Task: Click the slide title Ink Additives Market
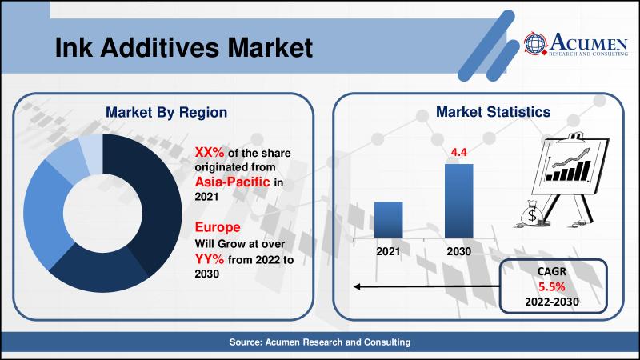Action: coord(184,47)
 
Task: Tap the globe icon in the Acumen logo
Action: coord(535,43)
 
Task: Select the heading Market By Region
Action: coord(166,113)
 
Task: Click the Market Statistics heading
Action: coord(493,112)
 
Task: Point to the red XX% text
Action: coord(210,152)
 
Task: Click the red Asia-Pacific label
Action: coord(232,182)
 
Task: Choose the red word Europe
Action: coord(218,227)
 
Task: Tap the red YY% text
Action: coord(210,258)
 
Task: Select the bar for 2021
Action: coord(388,219)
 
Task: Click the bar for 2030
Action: coord(458,201)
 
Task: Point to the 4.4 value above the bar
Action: coord(458,152)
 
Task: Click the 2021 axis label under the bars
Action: coord(388,251)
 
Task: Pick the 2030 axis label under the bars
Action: coord(458,251)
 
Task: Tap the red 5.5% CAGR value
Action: coord(551,286)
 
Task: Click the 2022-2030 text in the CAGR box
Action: coord(552,302)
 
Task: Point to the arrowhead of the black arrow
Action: coord(357,286)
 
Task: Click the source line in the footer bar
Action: coord(319,342)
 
